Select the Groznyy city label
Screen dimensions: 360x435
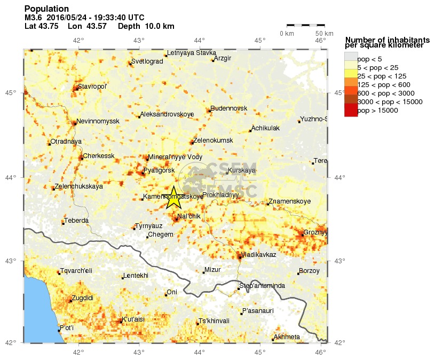[315, 232]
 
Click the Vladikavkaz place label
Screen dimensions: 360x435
[258, 255]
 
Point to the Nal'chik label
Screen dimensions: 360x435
[188, 216]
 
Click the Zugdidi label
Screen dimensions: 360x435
[82, 298]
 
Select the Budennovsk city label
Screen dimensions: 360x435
[229, 108]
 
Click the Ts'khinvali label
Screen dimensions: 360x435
[213, 321]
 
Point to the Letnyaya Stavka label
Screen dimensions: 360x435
[191, 53]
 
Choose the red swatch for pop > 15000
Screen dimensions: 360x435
[351, 110]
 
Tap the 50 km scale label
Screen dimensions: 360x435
[320, 34]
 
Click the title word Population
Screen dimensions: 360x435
[46, 9]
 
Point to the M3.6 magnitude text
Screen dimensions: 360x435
[34, 18]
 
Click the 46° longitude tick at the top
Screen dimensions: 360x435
[321, 41]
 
